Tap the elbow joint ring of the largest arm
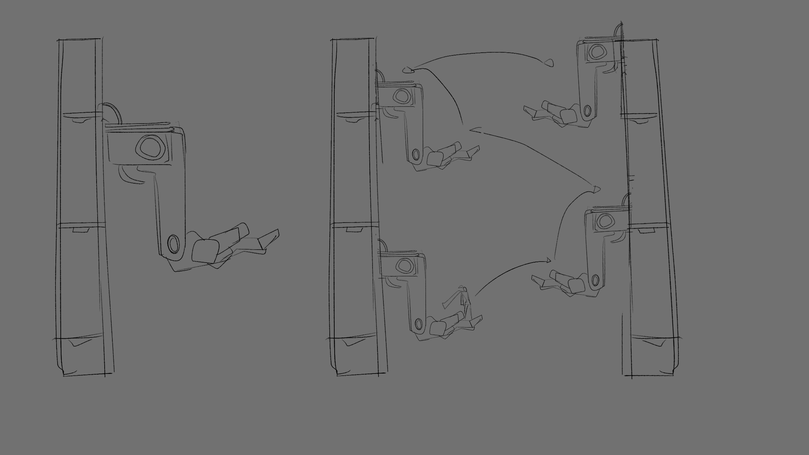[173, 244]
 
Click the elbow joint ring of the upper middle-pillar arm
[416, 154]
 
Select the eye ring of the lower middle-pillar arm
[404, 265]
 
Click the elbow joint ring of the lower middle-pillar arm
[418, 323]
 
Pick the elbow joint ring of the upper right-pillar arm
[587, 111]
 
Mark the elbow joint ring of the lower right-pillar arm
[595, 280]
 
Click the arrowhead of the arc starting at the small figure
[548, 260]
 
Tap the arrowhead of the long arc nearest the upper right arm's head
[550, 63]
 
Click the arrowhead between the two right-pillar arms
[596, 190]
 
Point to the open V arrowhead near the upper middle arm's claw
[472, 130]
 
